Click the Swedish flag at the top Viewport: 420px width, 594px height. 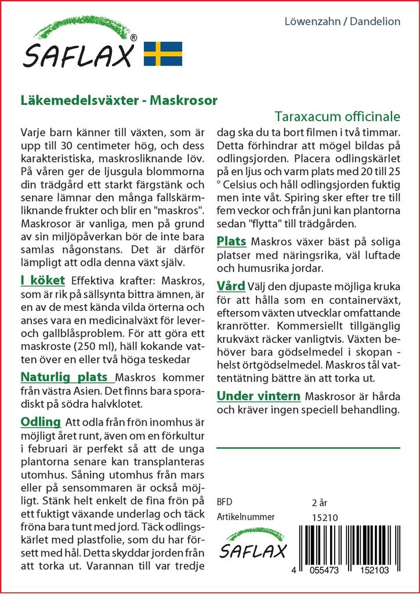coord(163,53)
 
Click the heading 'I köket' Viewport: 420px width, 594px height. coord(42,281)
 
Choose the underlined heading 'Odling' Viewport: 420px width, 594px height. coord(40,421)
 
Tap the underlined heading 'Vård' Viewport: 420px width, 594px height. coord(230,286)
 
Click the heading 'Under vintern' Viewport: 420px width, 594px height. coord(258,397)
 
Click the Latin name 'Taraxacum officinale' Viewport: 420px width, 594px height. coord(338,115)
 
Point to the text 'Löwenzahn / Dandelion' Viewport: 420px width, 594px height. coord(343,21)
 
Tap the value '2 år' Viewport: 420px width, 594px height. coord(320,502)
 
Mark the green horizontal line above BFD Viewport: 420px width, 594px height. coord(308,448)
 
